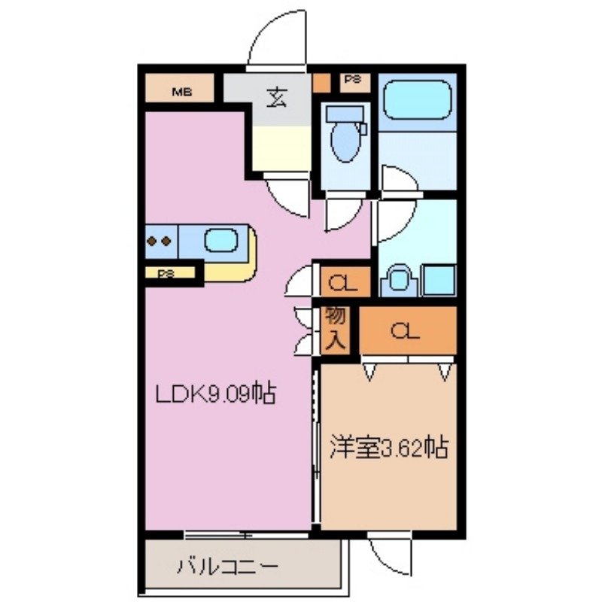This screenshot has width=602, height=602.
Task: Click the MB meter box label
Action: pyautogui.click(x=181, y=93)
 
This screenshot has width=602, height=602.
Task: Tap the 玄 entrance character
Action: pyautogui.click(x=275, y=98)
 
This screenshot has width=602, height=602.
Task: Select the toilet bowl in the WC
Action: pyautogui.click(x=345, y=138)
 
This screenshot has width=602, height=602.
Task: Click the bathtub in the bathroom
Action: pyautogui.click(x=417, y=99)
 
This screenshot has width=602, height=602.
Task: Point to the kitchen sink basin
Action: pyautogui.click(x=220, y=242)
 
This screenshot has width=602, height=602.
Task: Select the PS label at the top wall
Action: pyautogui.click(x=352, y=78)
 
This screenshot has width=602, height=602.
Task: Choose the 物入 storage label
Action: pyautogui.click(x=335, y=328)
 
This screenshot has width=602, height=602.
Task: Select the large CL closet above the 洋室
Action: pyautogui.click(x=407, y=330)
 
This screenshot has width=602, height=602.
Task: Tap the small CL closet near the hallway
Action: pyautogui.click(x=342, y=283)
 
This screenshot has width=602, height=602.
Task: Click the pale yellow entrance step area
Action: pyautogui.click(x=280, y=147)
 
